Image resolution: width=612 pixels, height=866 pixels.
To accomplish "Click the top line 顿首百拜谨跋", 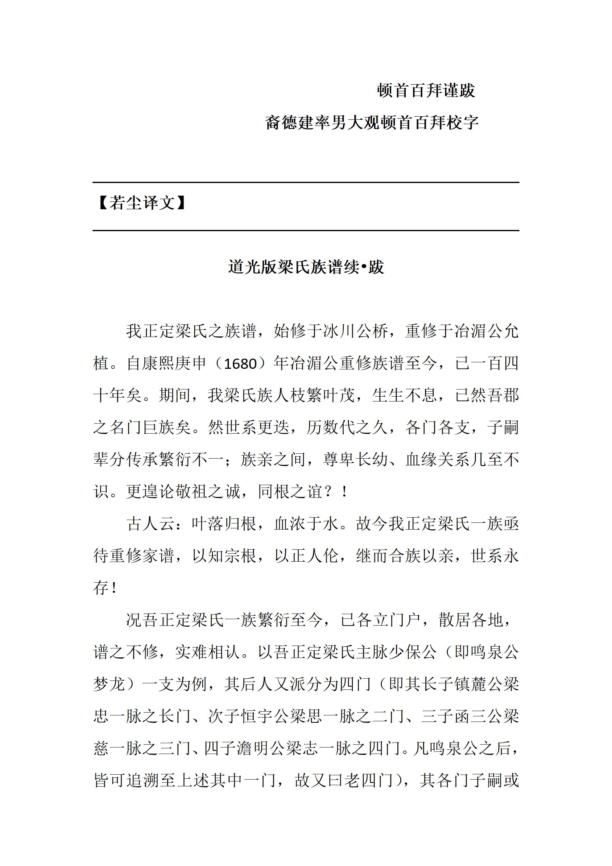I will (426, 90).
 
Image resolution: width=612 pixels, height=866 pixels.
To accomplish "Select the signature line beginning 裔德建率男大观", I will (372, 123).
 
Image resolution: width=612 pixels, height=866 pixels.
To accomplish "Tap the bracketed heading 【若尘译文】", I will (142, 203).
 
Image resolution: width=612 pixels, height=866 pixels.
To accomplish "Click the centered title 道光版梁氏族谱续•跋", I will (306, 267).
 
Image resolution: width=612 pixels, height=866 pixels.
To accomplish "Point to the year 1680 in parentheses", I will (240, 364).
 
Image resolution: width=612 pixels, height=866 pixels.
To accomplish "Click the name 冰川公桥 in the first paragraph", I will (355, 331).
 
